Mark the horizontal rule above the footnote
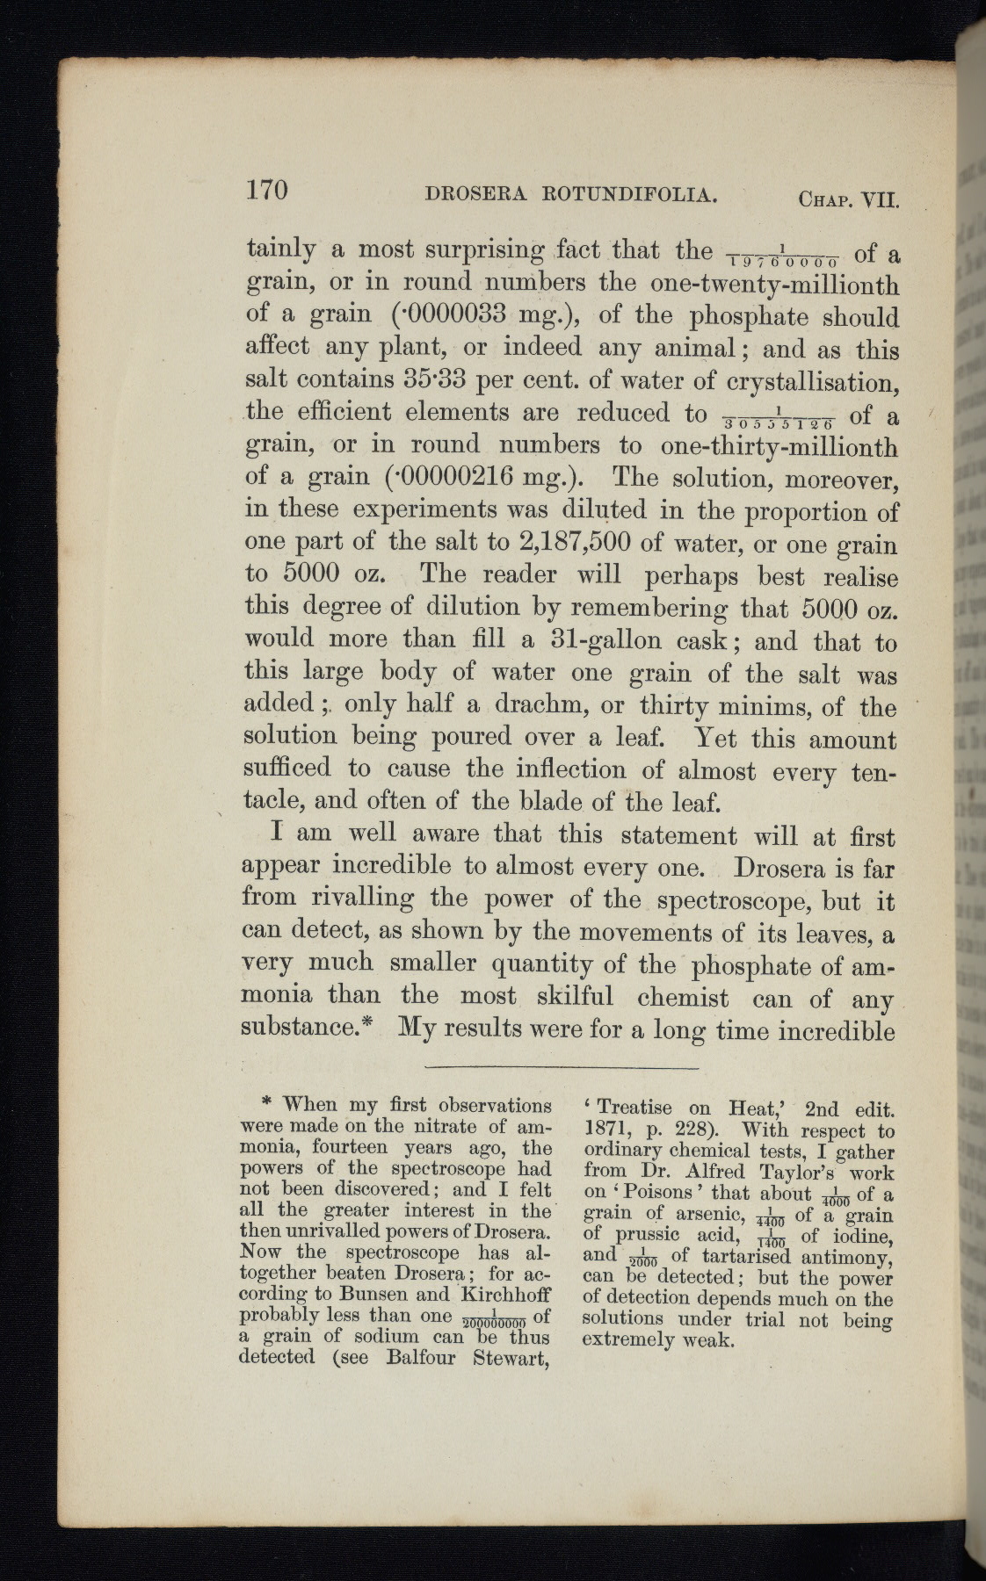(561, 1066)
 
